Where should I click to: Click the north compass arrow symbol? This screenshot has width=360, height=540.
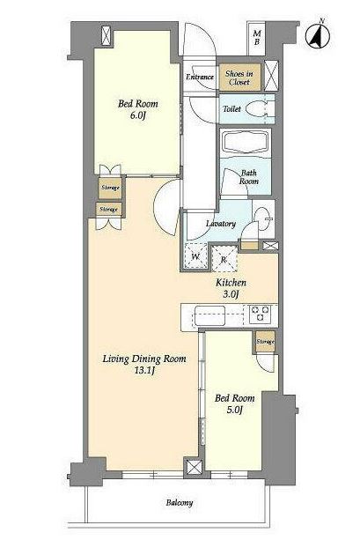[x=318, y=35]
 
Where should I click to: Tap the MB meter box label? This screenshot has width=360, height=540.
[x=257, y=38]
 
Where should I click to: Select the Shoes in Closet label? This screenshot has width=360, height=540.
[x=239, y=78]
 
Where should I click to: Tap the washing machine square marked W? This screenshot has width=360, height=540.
[x=195, y=255]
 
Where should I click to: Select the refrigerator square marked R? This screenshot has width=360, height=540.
[x=224, y=259]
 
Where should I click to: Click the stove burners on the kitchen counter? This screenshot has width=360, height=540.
[x=261, y=314]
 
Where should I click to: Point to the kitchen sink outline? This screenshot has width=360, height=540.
[x=210, y=315]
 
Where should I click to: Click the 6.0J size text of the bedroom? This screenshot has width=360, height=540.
[x=136, y=115]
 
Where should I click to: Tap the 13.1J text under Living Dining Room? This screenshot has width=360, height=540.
[x=144, y=371]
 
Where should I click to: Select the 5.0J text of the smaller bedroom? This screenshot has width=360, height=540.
[x=234, y=411]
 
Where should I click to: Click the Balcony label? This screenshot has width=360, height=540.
[x=180, y=503]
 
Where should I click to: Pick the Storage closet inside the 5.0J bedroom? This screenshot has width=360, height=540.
[x=265, y=341]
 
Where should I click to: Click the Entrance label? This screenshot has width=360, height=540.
[x=200, y=77]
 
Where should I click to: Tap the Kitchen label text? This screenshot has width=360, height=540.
[x=231, y=283]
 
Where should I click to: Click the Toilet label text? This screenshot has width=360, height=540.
[x=232, y=109]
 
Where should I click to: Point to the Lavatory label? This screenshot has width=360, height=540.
[x=221, y=224]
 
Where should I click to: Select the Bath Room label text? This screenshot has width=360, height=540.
[x=249, y=177]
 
